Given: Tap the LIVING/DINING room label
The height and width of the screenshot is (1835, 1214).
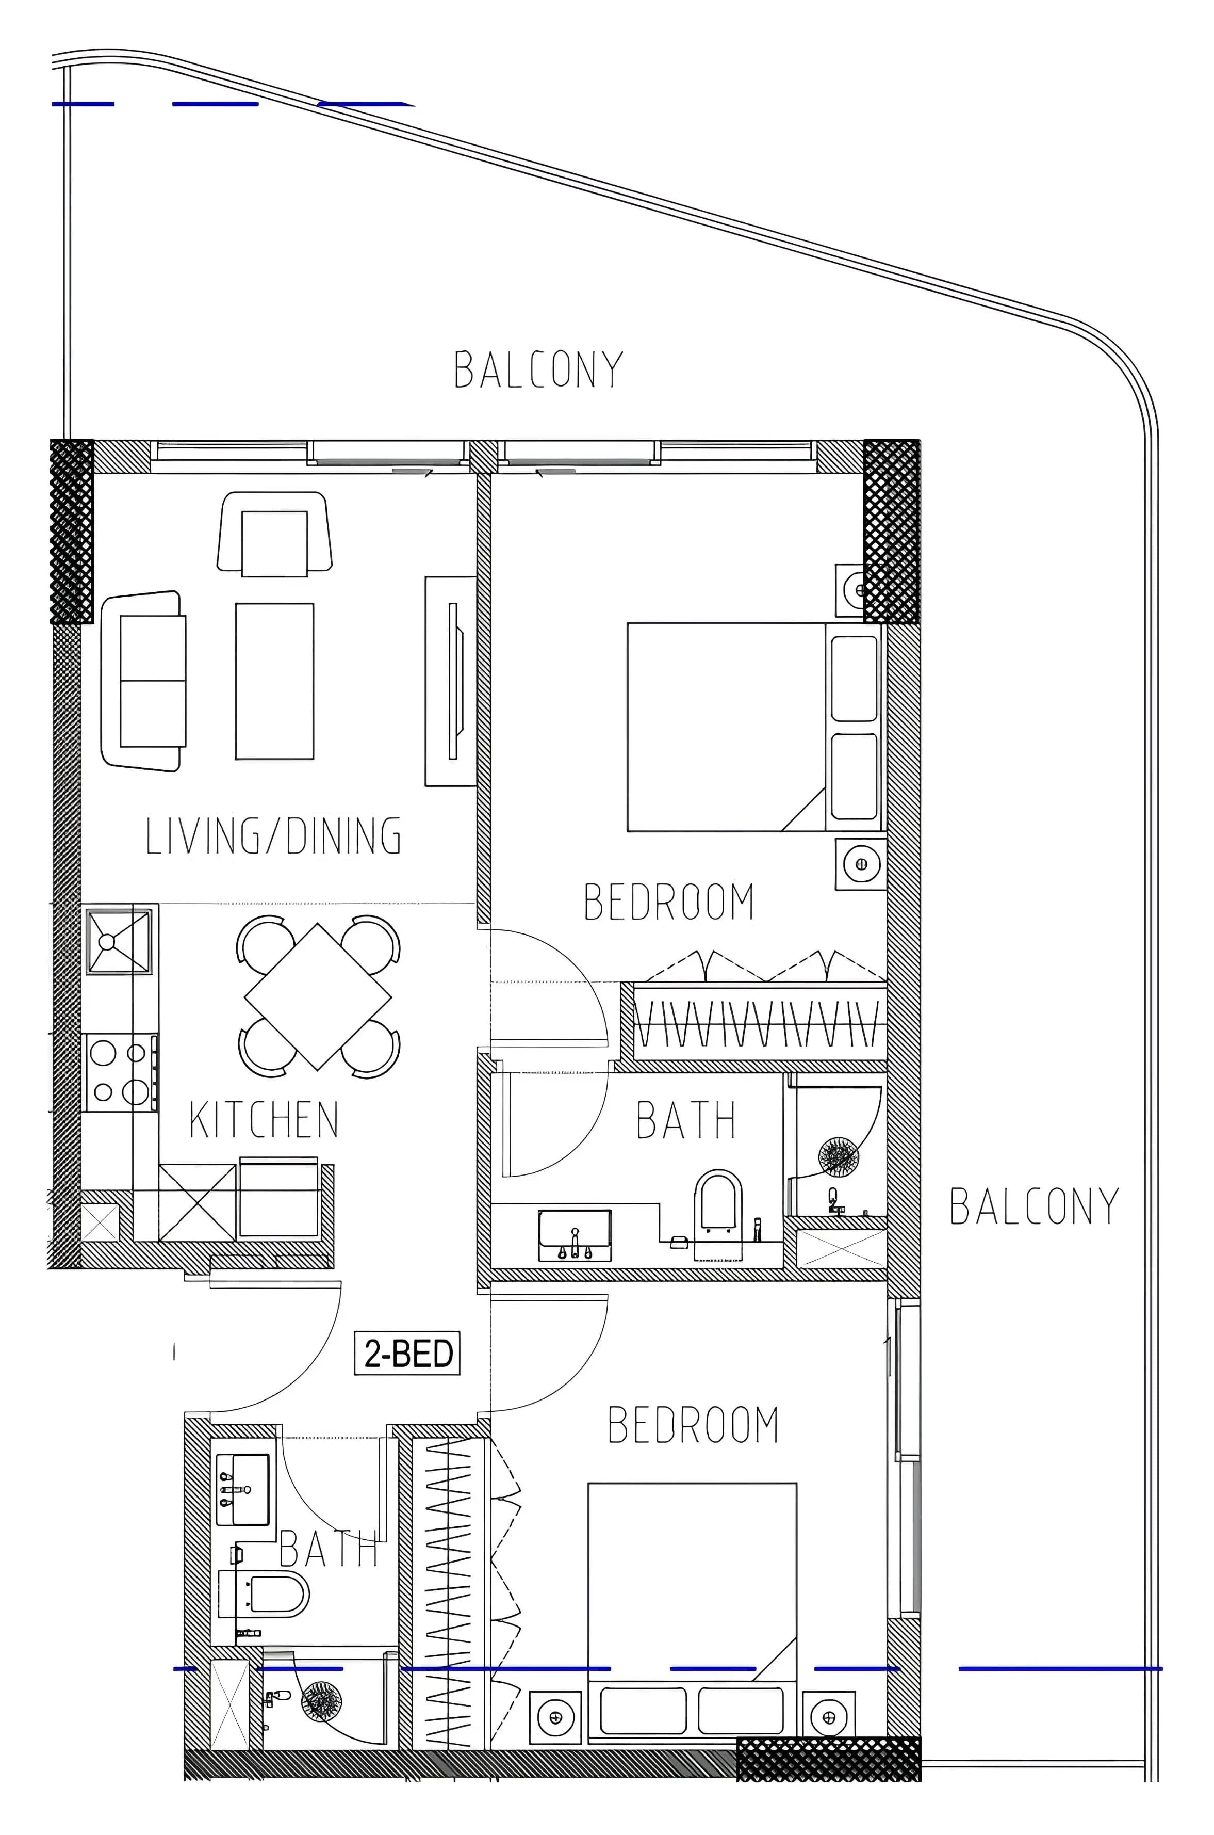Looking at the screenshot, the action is click(274, 836).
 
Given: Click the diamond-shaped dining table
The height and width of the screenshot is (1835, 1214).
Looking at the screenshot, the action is click(318, 996).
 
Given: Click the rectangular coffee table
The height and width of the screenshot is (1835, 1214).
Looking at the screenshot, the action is click(275, 681).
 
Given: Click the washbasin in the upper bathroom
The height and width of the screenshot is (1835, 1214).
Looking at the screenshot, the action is click(575, 1235).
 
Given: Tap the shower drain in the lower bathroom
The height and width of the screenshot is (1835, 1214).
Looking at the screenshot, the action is click(321, 1702).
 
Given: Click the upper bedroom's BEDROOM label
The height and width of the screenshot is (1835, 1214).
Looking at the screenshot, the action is click(669, 902).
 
